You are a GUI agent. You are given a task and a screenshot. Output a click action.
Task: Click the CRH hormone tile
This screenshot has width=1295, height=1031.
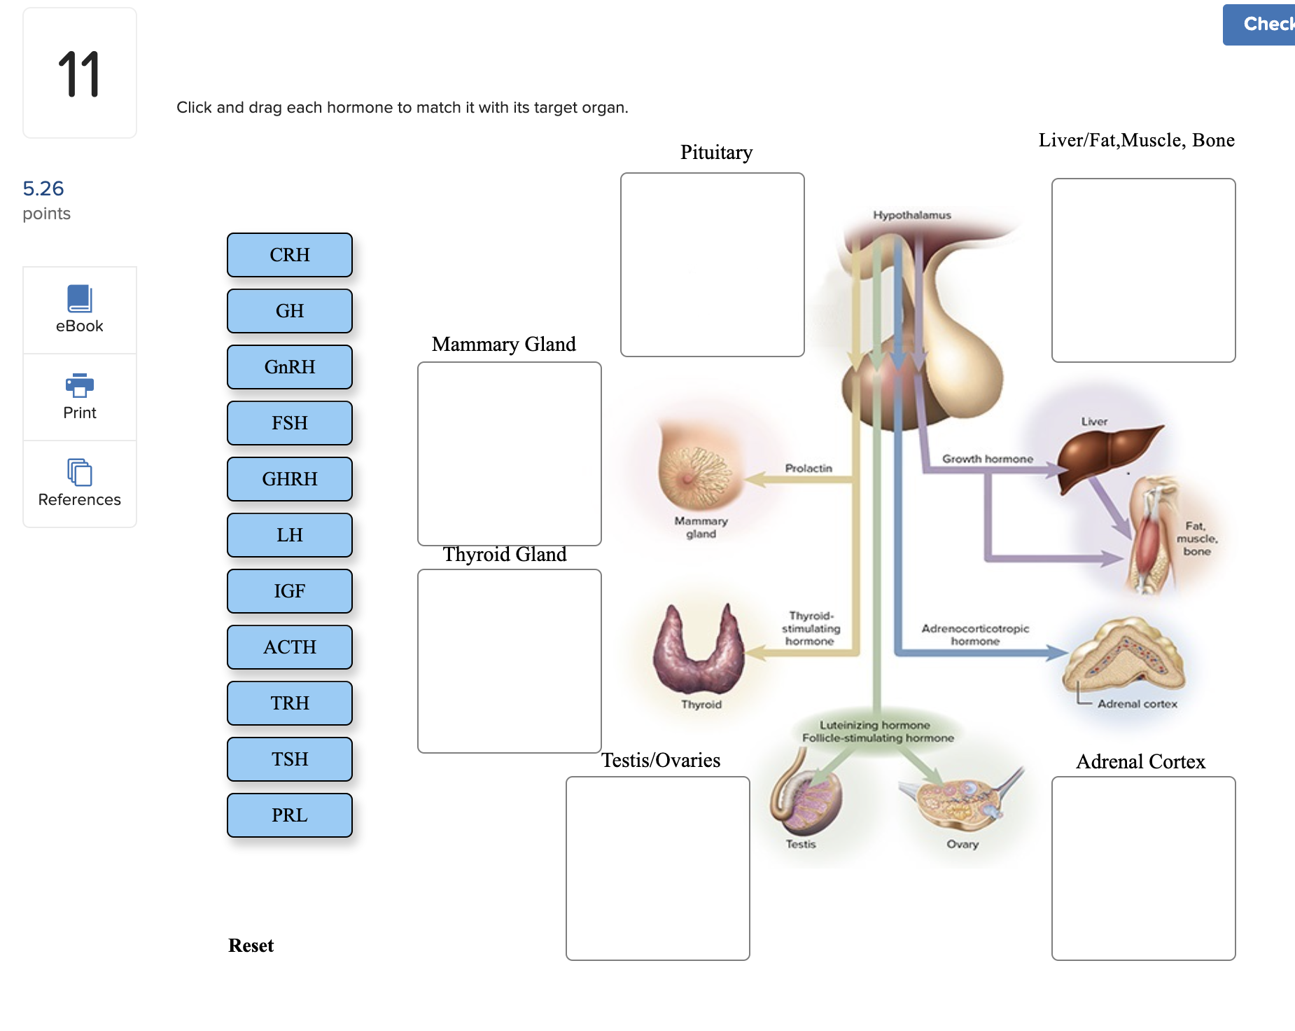[289, 255]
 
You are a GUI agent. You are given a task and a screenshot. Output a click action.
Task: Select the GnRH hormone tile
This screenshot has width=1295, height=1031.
[289, 367]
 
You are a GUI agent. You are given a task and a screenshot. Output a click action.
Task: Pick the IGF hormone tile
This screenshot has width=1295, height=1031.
[289, 591]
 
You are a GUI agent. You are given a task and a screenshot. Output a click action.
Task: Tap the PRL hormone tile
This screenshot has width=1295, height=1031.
[289, 815]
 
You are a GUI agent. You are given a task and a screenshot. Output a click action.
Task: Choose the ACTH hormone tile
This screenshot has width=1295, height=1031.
[289, 647]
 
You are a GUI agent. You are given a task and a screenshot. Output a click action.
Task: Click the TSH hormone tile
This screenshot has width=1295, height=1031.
[289, 759]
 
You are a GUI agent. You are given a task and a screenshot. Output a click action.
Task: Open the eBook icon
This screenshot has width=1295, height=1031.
[80, 298]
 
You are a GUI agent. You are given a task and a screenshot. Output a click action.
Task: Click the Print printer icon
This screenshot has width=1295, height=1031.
[80, 385]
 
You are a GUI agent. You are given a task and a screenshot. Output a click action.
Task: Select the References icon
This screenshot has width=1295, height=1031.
[80, 472]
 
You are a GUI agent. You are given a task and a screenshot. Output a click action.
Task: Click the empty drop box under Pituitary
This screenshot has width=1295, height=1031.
[712, 265]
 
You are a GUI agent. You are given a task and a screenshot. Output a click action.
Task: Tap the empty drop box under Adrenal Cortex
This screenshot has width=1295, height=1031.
[1143, 868]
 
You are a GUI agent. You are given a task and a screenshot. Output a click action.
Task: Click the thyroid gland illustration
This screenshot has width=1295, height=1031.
[698, 651]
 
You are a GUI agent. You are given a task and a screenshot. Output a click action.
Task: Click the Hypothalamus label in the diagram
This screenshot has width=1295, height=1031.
[911, 215]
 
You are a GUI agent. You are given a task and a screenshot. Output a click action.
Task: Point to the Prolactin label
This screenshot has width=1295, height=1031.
[808, 468]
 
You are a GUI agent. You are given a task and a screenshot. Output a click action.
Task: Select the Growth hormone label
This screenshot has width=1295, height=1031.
[987, 459]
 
